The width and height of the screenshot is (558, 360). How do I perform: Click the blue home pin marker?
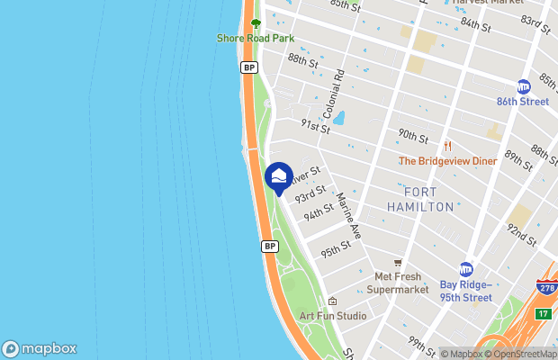tap(279, 177)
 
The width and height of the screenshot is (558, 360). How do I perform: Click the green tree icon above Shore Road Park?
tap(255, 23)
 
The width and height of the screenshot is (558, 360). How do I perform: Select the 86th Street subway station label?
tap(523, 102)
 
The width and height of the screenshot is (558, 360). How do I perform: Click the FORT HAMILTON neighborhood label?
tap(420, 200)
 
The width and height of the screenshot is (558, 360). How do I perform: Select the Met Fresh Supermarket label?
tap(397, 283)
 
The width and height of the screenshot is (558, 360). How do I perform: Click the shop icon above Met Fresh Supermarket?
tap(397, 263)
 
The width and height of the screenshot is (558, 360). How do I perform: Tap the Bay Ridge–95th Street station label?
tap(465, 292)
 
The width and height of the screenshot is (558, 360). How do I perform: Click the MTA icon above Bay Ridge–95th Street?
tap(466, 269)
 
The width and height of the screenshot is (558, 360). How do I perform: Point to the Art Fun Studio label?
tap(333, 316)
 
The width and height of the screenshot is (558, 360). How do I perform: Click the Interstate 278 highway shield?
tap(546, 288)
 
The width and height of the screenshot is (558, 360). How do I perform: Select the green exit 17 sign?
tap(543, 313)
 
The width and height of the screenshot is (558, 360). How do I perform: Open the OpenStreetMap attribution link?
tap(521, 354)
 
